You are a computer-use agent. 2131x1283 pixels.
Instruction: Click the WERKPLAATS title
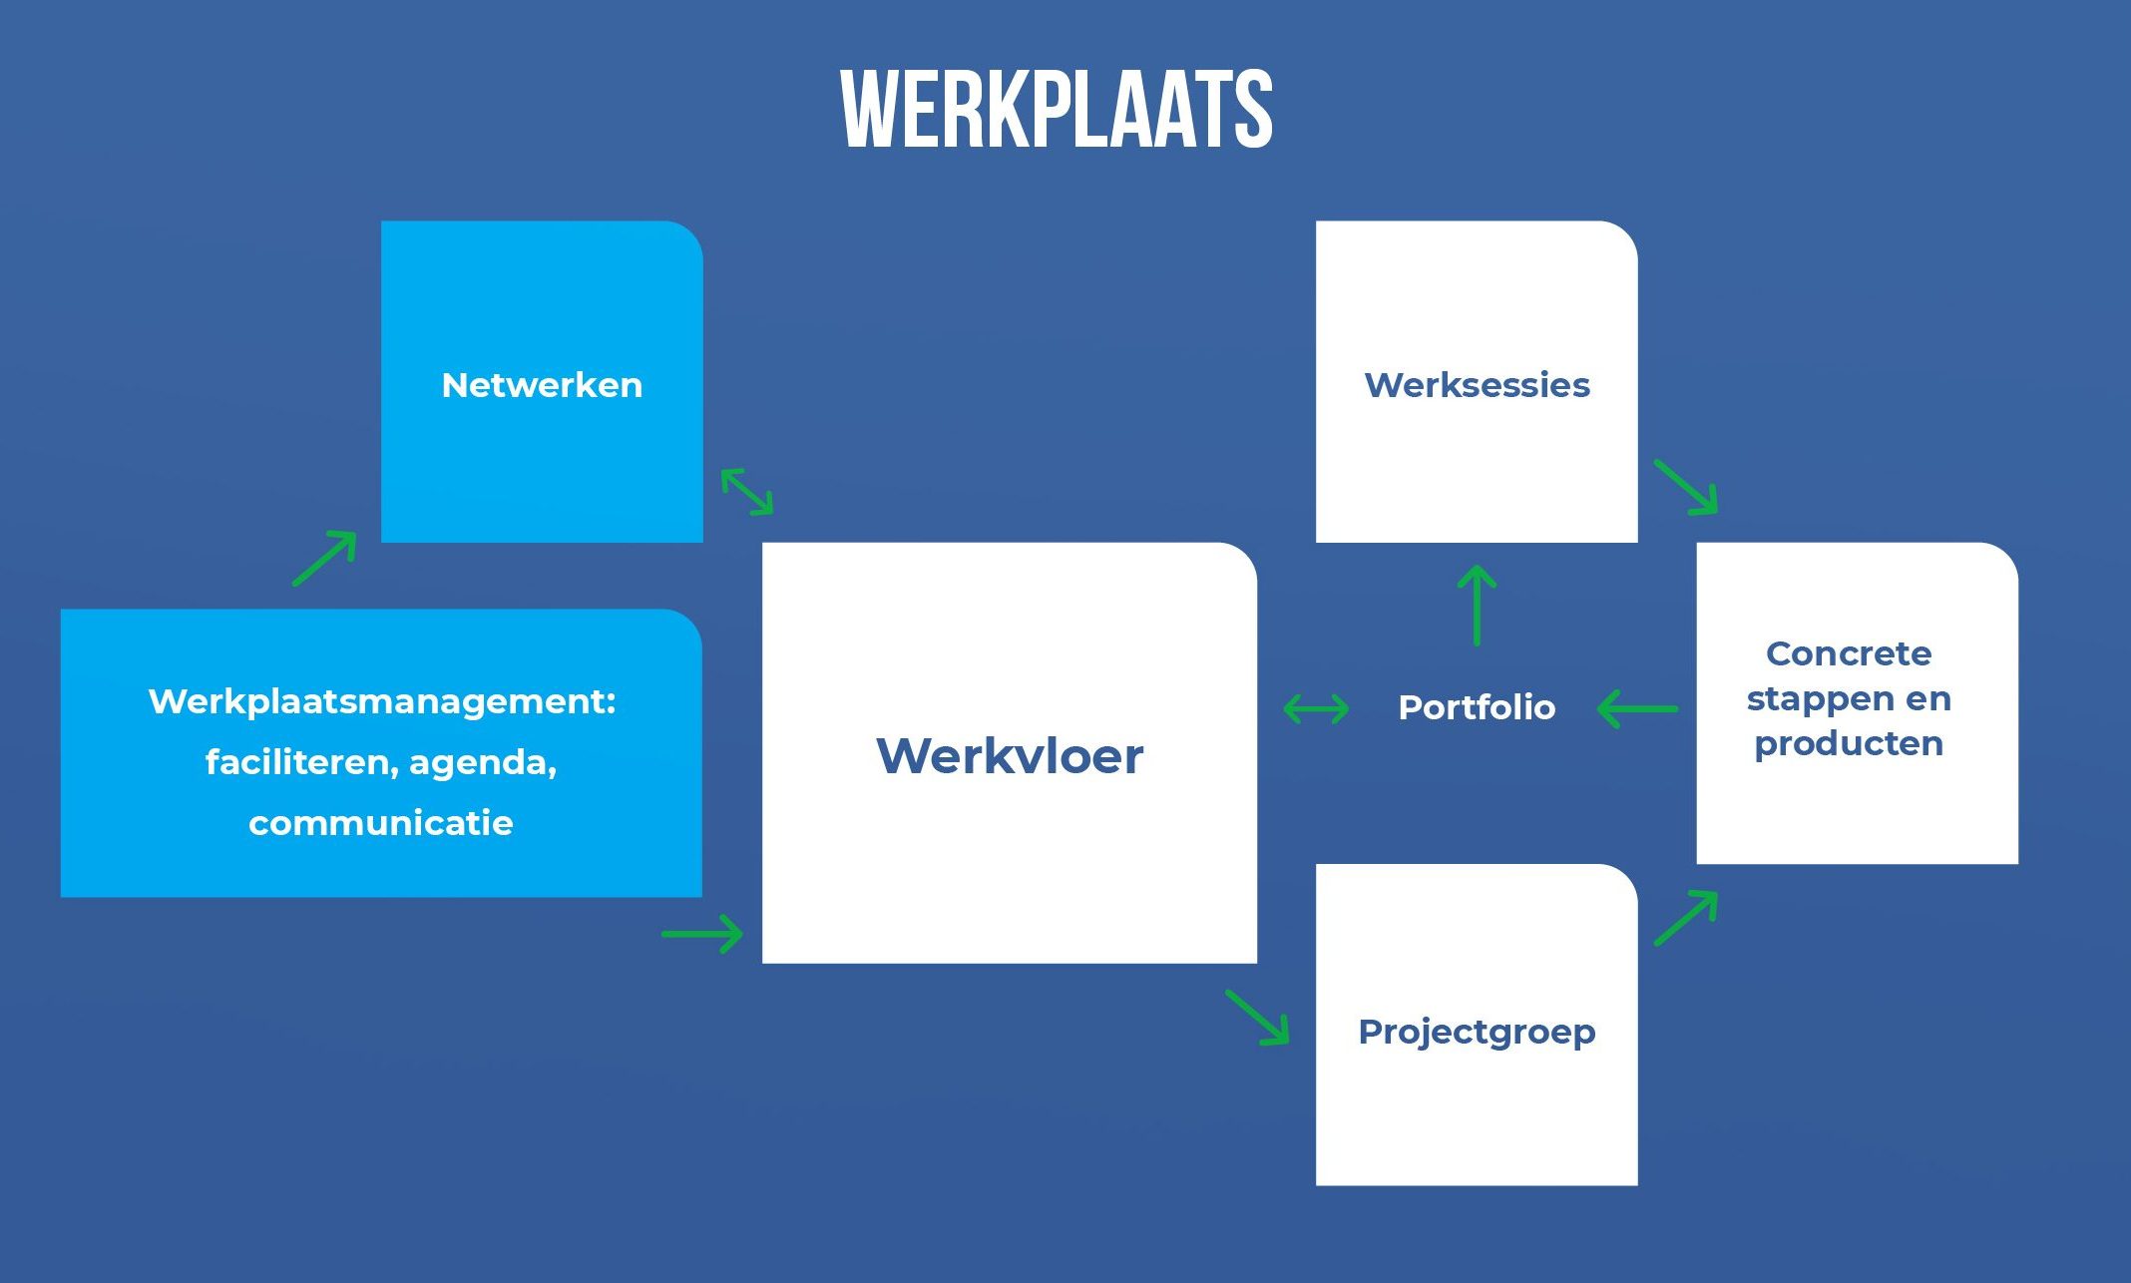pos(1057,109)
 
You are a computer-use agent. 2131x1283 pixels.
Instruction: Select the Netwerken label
pos(542,385)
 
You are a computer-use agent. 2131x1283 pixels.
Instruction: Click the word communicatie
pos(380,823)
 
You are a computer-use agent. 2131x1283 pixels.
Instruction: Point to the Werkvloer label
pos(1009,755)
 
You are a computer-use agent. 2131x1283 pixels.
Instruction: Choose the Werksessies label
pos(1477,385)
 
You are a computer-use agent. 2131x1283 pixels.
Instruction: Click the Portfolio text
pos(1477,707)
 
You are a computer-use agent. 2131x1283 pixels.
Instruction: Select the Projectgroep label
pos(1477,1032)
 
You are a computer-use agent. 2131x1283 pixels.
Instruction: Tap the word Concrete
pos(1849,653)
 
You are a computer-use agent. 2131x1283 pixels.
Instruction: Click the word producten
pos(1849,743)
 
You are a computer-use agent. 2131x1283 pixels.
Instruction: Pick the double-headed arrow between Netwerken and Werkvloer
pos(746,492)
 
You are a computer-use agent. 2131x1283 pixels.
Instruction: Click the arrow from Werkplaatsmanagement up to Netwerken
pos(324,558)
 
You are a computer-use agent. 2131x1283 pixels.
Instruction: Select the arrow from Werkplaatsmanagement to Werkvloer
pos(702,935)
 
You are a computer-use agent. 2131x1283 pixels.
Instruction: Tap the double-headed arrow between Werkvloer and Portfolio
pos(1316,709)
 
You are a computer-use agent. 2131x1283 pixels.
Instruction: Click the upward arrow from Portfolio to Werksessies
pos(1477,606)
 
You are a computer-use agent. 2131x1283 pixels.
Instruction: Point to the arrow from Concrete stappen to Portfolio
pos(1637,709)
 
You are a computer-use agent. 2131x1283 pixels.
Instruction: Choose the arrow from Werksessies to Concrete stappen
pos(1686,488)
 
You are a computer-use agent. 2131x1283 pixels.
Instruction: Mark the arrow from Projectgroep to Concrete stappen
pos(1686,918)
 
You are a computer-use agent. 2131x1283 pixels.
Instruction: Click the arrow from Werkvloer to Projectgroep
pos(1257,1018)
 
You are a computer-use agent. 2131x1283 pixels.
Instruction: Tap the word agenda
pos(482,762)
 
